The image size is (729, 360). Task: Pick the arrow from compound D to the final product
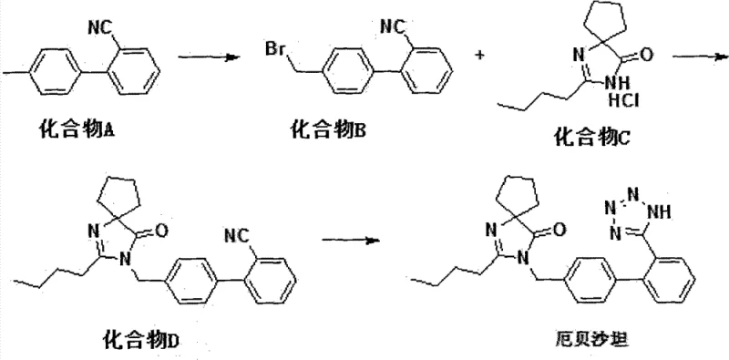click(354, 242)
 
